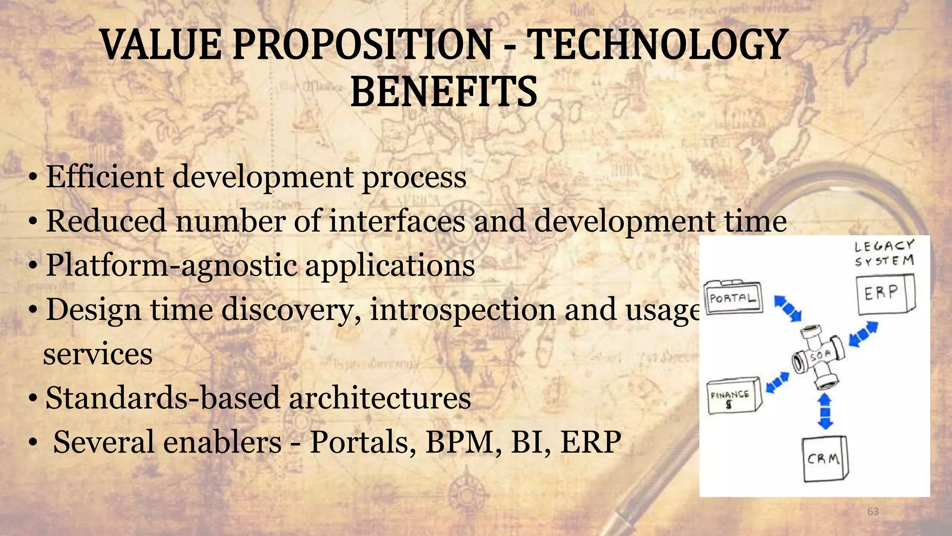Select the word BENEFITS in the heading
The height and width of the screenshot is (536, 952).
point(444,92)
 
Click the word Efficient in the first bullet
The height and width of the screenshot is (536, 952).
point(105,177)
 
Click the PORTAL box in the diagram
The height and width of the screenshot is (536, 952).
point(733,298)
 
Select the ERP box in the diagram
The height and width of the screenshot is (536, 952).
point(885,293)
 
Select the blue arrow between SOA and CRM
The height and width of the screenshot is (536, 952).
point(825,411)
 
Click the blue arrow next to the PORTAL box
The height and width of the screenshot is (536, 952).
point(787,308)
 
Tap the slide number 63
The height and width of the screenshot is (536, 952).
point(873,512)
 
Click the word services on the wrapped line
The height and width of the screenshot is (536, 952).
point(98,355)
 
